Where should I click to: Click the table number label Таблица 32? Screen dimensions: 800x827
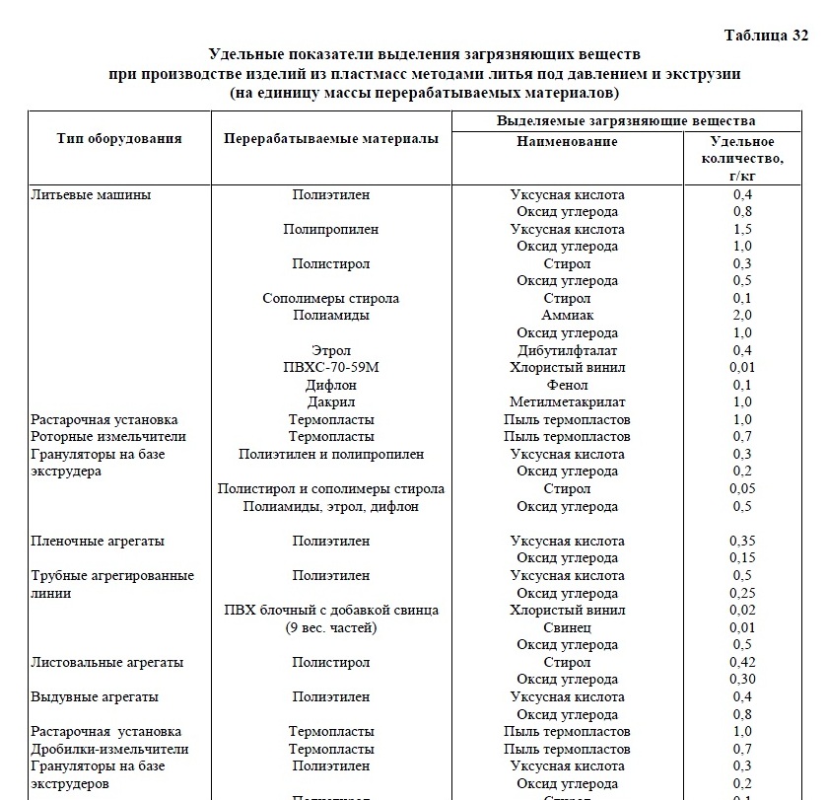(x=766, y=36)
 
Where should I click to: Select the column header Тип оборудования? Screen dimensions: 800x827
(x=119, y=138)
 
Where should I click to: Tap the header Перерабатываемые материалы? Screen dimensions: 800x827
(x=331, y=139)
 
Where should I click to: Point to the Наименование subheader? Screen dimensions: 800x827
(x=567, y=141)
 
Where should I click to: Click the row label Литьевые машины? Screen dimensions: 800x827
(x=91, y=194)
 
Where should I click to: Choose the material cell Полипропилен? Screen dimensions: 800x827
(x=331, y=229)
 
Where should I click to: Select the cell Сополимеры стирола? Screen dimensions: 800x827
(x=331, y=298)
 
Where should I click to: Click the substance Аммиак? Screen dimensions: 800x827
(x=567, y=316)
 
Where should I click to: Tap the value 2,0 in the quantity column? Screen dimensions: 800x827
(x=742, y=316)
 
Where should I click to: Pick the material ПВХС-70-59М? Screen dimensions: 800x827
(x=331, y=367)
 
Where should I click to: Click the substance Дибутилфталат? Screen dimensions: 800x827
(x=567, y=350)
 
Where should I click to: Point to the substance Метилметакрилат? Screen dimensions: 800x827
(x=567, y=401)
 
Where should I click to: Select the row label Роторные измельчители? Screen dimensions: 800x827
(x=108, y=436)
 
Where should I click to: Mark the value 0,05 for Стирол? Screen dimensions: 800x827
(x=742, y=488)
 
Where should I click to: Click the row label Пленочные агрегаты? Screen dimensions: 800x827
(x=98, y=541)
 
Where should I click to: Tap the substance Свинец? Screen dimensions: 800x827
(x=567, y=627)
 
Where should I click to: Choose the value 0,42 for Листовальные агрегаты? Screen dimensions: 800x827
(x=742, y=662)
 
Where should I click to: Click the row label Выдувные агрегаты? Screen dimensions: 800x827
(x=96, y=696)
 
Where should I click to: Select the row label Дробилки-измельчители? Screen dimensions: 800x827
(x=109, y=749)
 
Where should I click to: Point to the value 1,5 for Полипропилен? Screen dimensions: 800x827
(x=742, y=229)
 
